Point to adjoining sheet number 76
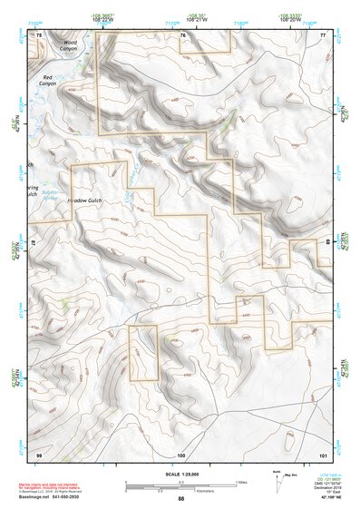181,34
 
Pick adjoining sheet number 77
322,34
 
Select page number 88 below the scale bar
180,499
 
